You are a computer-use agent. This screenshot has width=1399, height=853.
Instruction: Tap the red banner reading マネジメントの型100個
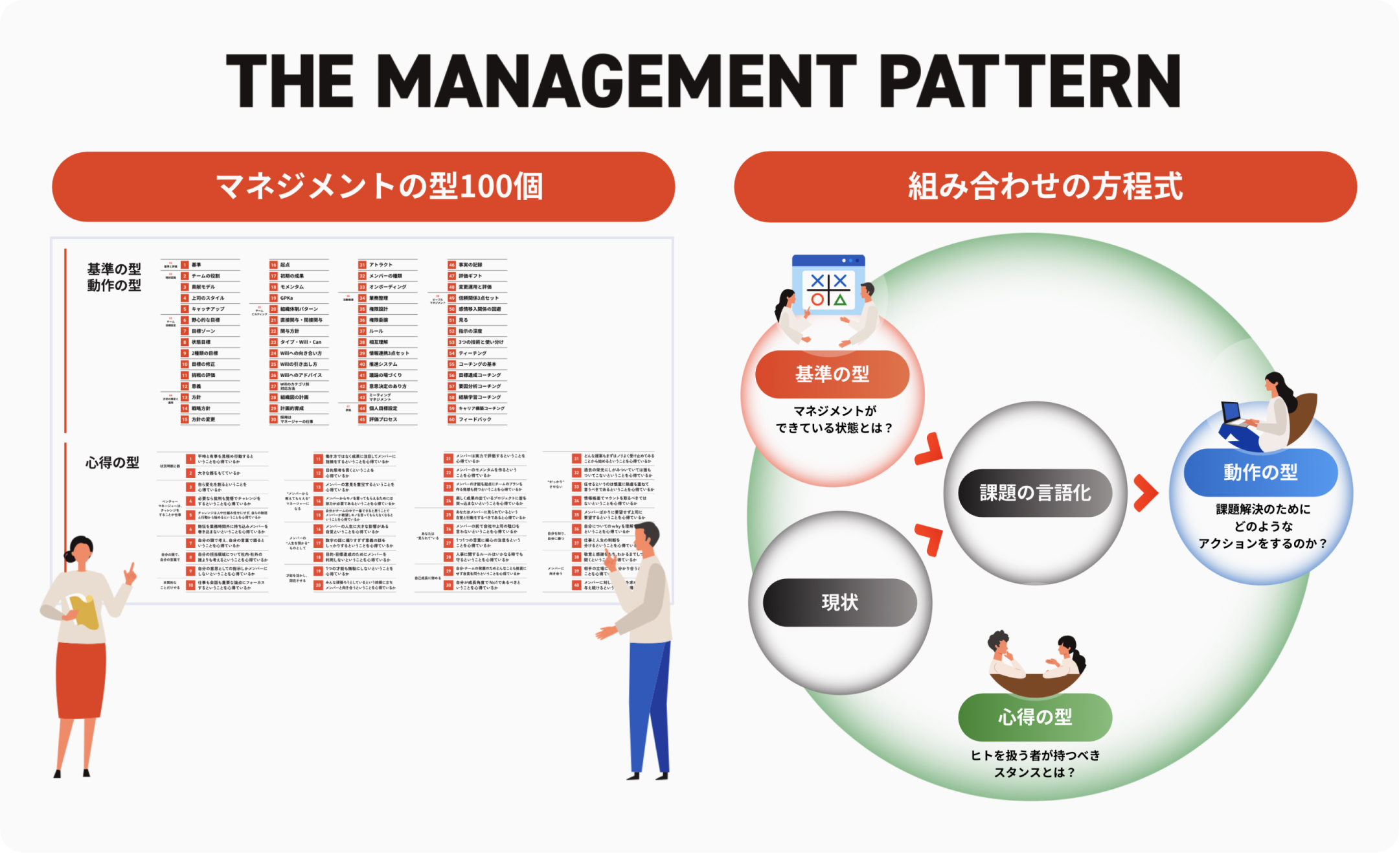(x=363, y=187)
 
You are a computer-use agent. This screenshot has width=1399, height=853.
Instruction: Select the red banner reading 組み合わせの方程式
(x=1045, y=187)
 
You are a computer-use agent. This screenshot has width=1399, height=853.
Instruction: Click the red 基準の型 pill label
(x=832, y=374)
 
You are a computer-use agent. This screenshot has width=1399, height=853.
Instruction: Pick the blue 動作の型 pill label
(x=1260, y=472)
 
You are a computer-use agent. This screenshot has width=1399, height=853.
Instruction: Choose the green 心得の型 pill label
(x=1035, y=717)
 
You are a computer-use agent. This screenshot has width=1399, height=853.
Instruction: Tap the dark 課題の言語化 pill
(x=1035, y=493)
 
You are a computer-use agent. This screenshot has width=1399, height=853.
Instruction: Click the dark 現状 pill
(x=840, y=602)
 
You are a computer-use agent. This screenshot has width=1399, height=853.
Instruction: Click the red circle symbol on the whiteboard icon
(x=817, y=299)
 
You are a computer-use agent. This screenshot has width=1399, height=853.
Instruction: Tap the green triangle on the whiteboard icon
(x=840, y=299)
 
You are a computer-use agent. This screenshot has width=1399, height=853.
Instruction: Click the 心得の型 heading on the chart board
(x=113, y=462)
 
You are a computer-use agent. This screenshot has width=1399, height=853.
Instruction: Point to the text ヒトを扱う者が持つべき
(x=1035, y=755)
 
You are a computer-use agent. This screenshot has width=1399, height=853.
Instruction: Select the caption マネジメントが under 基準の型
(x=834, y=411)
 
